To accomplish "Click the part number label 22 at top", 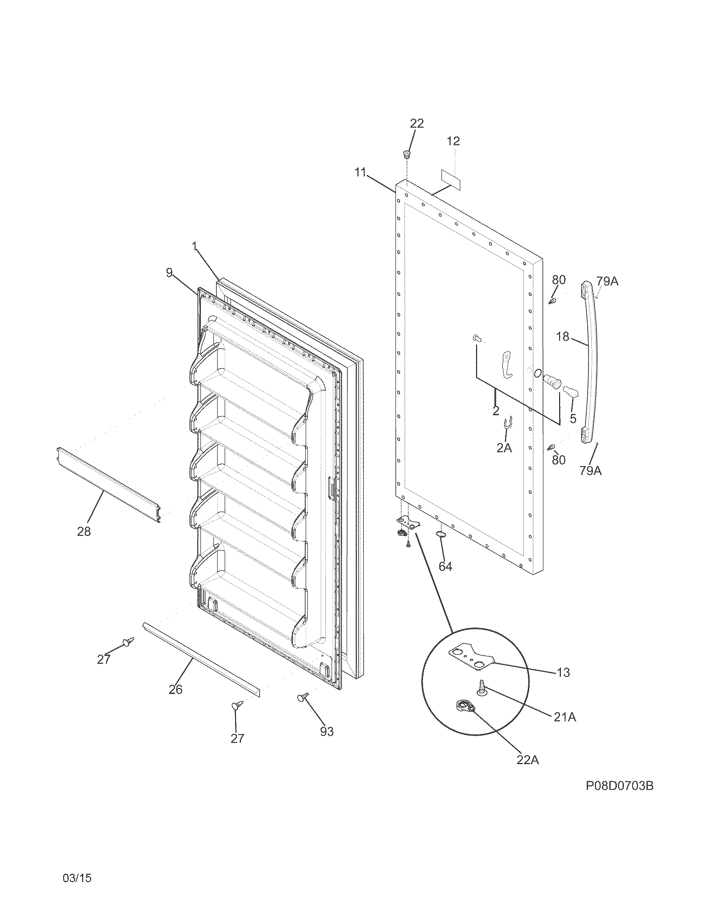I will [417, 124].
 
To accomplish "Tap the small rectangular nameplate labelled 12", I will [450, 179].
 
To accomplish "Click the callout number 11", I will [361, 173].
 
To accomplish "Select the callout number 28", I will [84, 532].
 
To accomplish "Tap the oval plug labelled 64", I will [439, 534].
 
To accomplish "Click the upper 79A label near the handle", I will [607, 281].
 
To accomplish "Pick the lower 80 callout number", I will [558, 460].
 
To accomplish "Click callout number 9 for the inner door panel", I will [169, 273].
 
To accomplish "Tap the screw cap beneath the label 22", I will [407, 154].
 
